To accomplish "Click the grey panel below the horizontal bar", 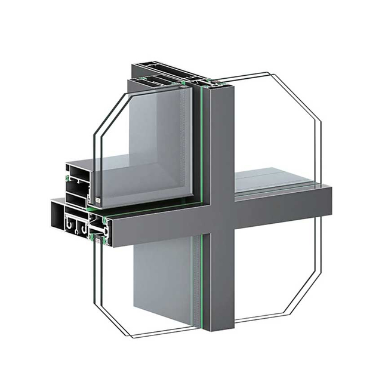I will pos(161,281).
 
